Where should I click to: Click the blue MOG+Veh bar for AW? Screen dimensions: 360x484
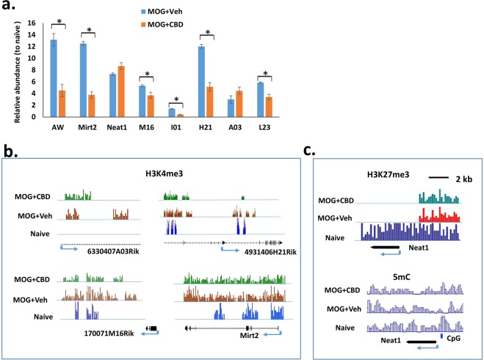coord(53,78)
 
